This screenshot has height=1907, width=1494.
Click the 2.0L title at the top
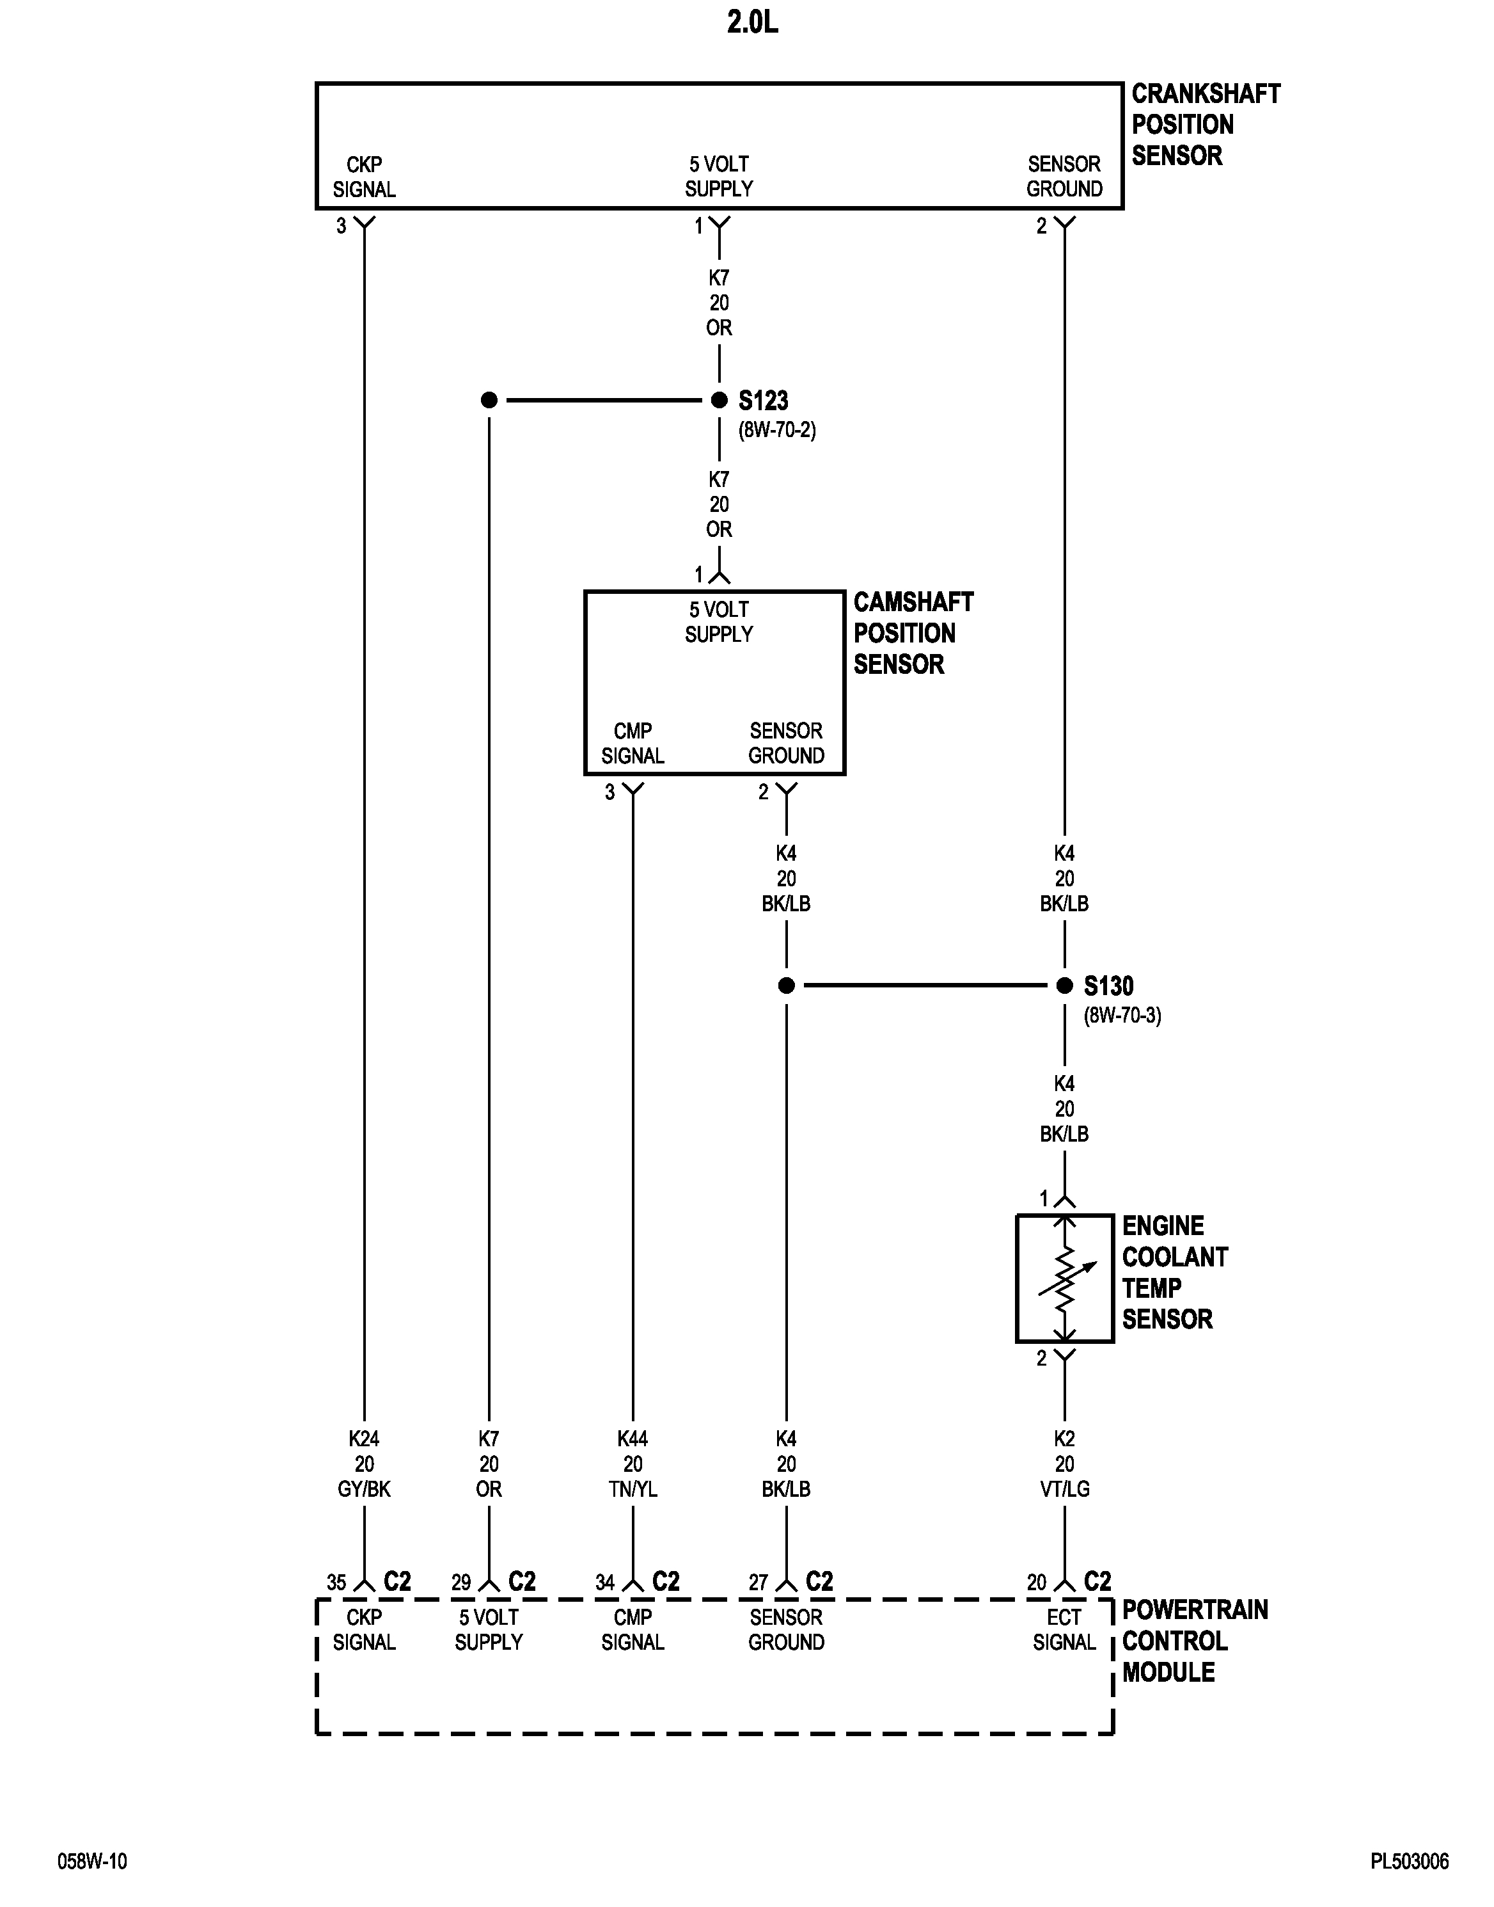click(751, 24)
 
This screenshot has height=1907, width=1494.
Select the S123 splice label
click(763, 401)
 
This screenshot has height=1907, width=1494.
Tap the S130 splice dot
click(1064, 985)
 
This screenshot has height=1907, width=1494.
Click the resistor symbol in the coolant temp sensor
click(1064, 1279)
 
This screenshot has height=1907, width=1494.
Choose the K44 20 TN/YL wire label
click(633, 1464)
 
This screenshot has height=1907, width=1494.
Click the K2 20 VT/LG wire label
click(1064, 1464)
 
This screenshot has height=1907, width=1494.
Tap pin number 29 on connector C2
click(461, 1583)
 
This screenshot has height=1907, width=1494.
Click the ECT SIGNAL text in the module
click(1064, 1629)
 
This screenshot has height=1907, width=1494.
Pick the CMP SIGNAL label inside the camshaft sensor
click(633, 743)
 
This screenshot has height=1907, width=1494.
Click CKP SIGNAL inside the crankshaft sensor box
click(364, 177)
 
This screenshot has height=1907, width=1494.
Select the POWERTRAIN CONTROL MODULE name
click(1194, 1641)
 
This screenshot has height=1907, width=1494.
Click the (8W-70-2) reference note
click(777, 431)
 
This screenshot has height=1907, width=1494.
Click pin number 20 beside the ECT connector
click(1037, 1583)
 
